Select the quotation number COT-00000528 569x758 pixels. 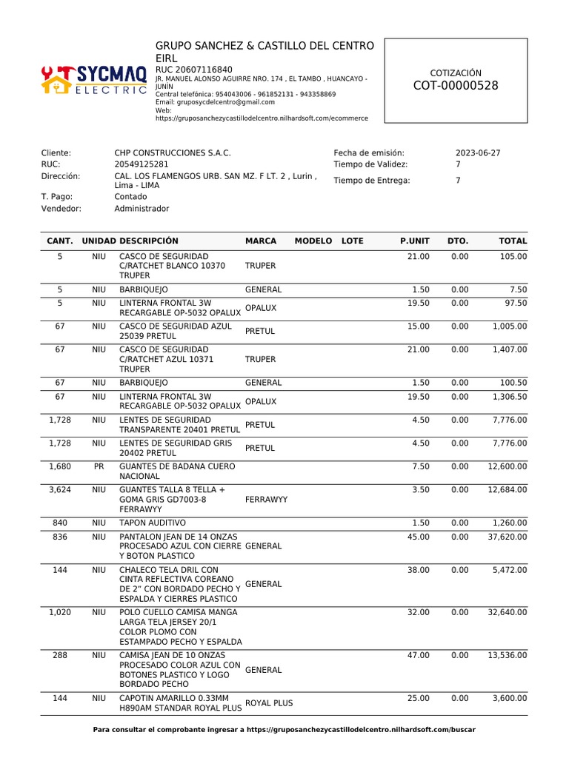pyautogui.click(x=456, y=86)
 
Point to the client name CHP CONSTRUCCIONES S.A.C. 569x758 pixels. pyautogui.click(x=173, y=152)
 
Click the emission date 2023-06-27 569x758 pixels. pyautogui.click(x=478, y=152)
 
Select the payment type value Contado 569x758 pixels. pyautogui.click(x=130, y=197)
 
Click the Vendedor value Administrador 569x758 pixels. pyautogui.click(x=142, y=209)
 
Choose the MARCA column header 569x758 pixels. pyautogui.click(x=261, y=241)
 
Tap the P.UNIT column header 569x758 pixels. pyautogui.click(x=414, y=241)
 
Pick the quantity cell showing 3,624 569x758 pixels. pyautogui.click(x=59, y=490)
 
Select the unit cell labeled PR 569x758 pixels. pyautogui.click(x=99, y=466)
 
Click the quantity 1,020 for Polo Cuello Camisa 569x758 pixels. pyautogui.click(x=59, y=612)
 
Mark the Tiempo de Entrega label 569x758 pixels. pyautogui.click(x=371, y=181)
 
